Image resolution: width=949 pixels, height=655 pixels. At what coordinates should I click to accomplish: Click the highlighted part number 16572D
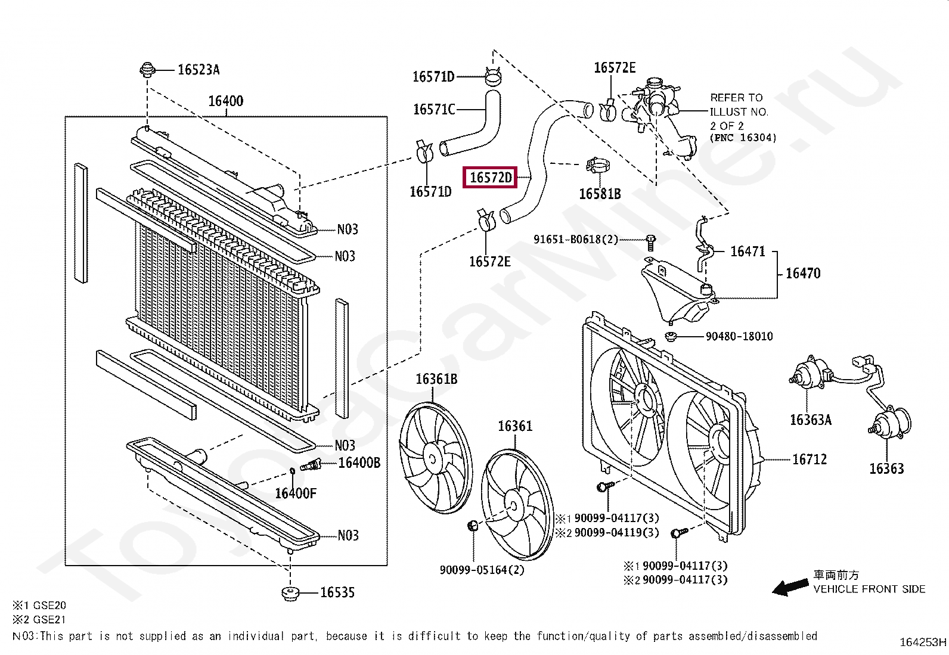coord(491,178)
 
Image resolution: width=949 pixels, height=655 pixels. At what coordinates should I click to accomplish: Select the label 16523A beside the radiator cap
coord(199,70)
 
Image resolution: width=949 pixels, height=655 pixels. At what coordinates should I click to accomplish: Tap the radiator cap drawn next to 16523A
coord(147,70)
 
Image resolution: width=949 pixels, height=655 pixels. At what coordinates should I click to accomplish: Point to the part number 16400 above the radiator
coord(225,101)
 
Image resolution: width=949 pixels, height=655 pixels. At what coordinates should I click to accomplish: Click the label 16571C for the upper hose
coord(434,109)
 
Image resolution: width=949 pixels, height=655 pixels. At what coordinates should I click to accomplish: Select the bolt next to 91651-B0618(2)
coord(650,241)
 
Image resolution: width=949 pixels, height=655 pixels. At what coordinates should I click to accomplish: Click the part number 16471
coord(748,252)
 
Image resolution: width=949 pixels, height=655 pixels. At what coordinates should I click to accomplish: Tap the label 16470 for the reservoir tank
coord(803,273)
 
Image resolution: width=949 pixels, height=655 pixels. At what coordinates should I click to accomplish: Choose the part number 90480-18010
coord(739,336)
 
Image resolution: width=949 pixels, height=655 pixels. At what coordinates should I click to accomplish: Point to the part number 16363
coord(886,468)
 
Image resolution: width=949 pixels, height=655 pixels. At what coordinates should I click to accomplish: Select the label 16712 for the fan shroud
coord(810,460)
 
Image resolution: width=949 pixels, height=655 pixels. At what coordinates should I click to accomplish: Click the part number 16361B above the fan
coord(436,379)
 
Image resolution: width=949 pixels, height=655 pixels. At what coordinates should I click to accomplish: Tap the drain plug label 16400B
coord(359,462)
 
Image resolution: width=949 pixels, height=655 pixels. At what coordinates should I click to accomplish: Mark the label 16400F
coord(296,493)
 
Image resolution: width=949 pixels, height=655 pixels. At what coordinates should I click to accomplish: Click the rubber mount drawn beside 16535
coord(290,594)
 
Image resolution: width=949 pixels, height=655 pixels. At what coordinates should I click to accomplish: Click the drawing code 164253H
coord(922,642)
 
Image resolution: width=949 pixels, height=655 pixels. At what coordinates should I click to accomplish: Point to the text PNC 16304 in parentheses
coord(743,138)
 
